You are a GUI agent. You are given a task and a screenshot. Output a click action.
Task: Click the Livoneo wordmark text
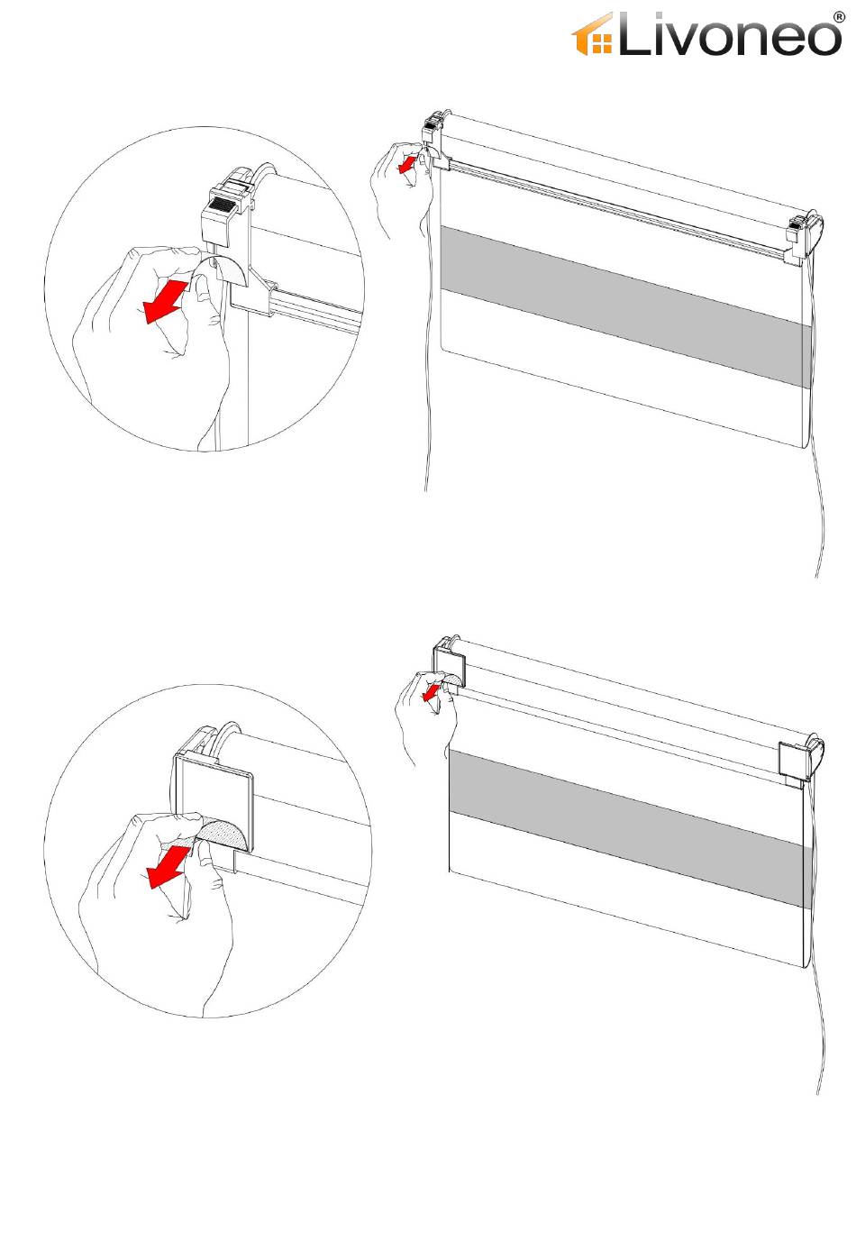pyautogui.click(x=729, y=34)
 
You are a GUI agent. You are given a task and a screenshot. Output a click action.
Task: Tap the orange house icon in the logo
pyautogui.click(x=591, y=35)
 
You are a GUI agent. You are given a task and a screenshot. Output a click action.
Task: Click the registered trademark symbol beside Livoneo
pyautogui.click(x=839, y=17)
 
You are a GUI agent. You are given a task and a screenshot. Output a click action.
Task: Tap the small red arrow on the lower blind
pyautogui.click(x=430, y=693)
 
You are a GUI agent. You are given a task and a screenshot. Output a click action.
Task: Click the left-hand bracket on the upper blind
pyautogui.click(x=435, y=140)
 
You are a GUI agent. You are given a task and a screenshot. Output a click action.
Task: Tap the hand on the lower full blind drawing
pyautogui.click(x=425, y=715)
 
